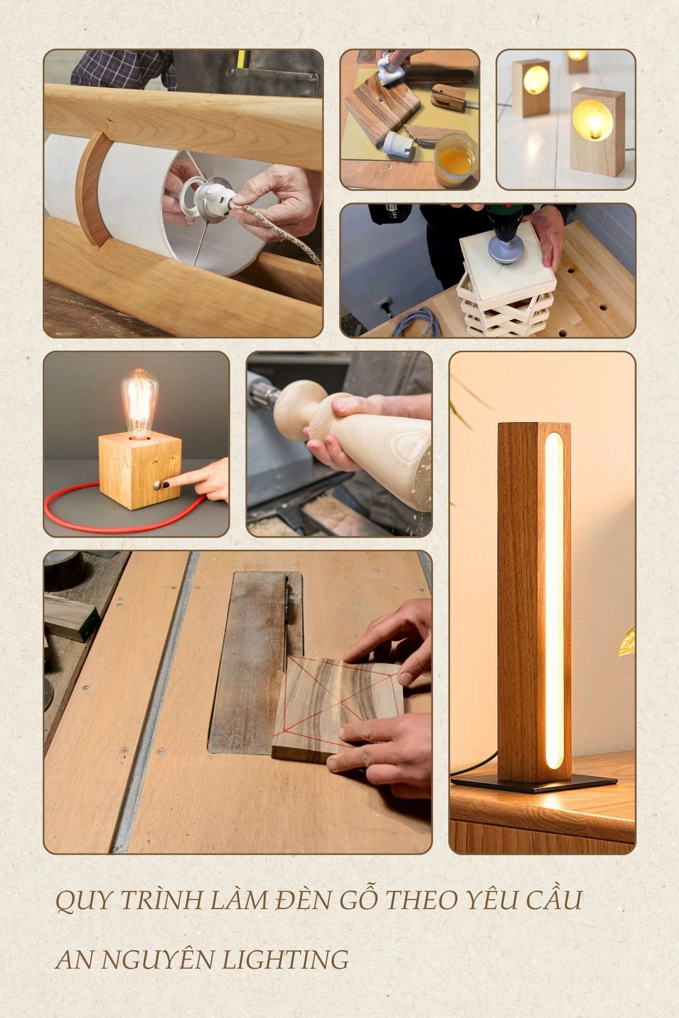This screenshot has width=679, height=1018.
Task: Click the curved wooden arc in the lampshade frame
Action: pyautogui.click(x=90, y=188)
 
